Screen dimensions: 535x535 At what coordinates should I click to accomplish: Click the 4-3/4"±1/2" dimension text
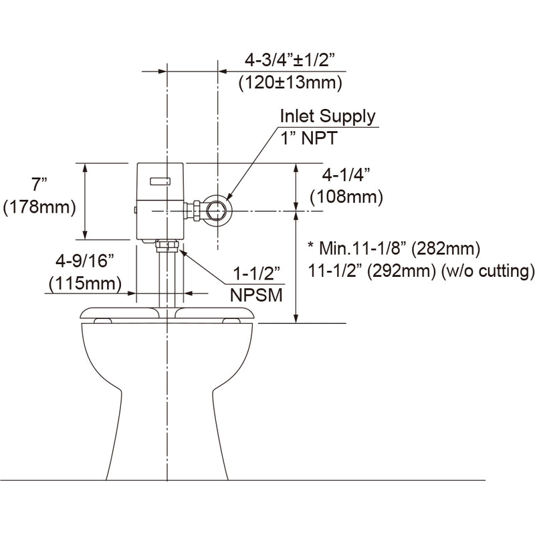[289, 61]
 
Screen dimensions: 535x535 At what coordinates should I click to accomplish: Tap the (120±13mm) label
[290, 83]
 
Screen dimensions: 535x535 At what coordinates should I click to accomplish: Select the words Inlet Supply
[328, 116]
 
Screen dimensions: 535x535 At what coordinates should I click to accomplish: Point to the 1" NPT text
[309, 138]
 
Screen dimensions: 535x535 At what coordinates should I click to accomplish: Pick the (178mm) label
[39, 207]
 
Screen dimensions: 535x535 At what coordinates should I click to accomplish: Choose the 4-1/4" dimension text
[346, 175]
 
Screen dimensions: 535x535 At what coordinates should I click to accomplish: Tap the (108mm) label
[346, 197]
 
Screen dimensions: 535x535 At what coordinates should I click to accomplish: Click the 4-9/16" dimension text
[85, 261]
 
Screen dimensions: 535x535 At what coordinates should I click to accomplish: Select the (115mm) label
[85, 284]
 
